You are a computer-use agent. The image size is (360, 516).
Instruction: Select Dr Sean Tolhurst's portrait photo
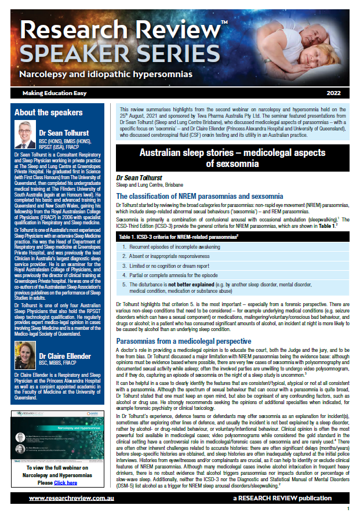tap(28, 133)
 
